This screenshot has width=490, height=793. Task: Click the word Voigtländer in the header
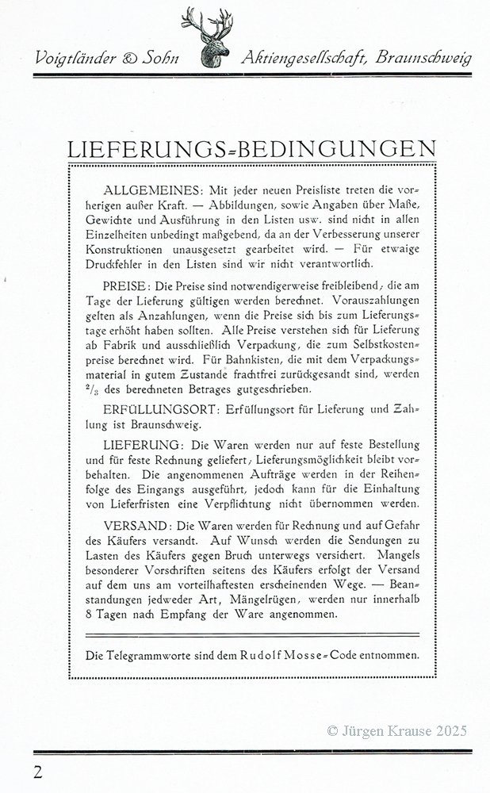tap(75, 59)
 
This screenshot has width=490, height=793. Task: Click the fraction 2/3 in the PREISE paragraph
tap(92, 389)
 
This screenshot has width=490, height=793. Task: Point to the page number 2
tap(38, 772)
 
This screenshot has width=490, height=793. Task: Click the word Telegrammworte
tap(146, 654)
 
